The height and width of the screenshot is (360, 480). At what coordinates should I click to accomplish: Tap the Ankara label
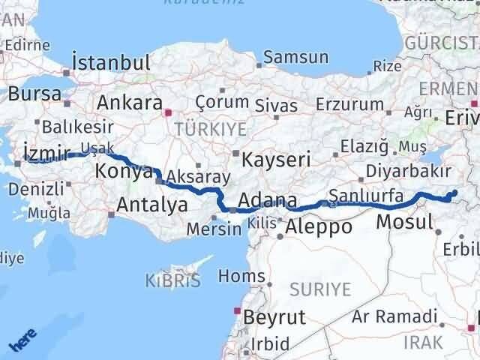[x=130, y=102]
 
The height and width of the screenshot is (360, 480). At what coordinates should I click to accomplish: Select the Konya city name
[x=123, y=172]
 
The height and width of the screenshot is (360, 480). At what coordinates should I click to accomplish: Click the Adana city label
[x=266, y=201]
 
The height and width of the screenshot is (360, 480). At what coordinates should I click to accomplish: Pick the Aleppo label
[x=318, y=226]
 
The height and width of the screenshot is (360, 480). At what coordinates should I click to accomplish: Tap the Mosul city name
[x=404, y=221]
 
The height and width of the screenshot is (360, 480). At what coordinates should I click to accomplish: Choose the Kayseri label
[x=271, y=159]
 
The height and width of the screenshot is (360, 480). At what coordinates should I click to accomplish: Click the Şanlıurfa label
[x=367, y=196]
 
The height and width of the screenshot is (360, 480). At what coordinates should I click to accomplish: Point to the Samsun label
[x=295, y=57]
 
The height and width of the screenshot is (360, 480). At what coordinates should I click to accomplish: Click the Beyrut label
[x=274, y=316]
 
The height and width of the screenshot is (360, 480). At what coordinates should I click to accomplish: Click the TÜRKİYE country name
[x=210, y=129]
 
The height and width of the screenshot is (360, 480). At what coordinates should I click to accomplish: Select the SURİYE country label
[x=320, y=288]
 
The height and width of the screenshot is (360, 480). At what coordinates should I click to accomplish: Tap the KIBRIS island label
[x=173, y=281]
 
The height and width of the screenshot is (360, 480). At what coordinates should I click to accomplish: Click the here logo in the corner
[x=23, y=342]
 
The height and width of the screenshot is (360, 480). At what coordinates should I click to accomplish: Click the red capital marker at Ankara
[x=168, y=113]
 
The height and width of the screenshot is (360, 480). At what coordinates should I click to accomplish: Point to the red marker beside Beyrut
[x=238, y=310]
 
